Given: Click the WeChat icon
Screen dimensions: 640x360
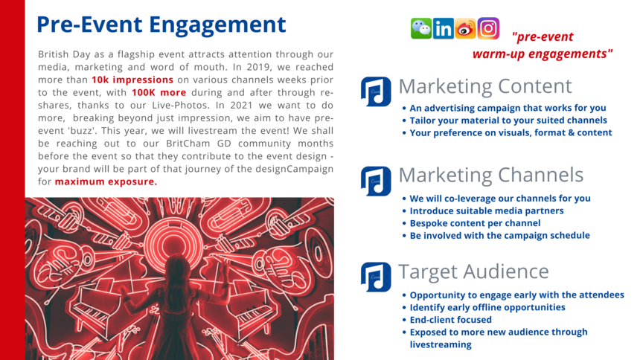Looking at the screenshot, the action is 420,28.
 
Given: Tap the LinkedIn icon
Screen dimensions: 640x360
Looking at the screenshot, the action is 444,28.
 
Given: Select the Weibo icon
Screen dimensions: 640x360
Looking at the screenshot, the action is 466,28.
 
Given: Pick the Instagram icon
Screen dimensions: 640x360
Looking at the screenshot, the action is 488,28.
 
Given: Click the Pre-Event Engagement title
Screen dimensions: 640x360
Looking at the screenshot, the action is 161,25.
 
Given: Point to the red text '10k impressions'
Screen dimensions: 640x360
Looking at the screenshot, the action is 132,80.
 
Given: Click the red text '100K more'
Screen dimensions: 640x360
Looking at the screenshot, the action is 159,93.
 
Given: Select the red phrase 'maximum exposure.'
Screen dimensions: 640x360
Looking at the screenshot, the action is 106,181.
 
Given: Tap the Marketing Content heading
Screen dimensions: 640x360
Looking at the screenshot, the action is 485,86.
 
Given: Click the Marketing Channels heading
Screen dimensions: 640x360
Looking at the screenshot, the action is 490,175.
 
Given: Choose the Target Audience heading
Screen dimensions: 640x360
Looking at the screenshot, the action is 473,271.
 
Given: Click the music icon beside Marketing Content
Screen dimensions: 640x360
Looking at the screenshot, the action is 376,91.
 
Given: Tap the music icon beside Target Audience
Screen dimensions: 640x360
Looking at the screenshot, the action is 376,277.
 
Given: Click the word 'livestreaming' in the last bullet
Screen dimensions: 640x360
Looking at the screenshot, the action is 441,344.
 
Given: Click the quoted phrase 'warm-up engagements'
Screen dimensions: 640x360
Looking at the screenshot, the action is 543,54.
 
